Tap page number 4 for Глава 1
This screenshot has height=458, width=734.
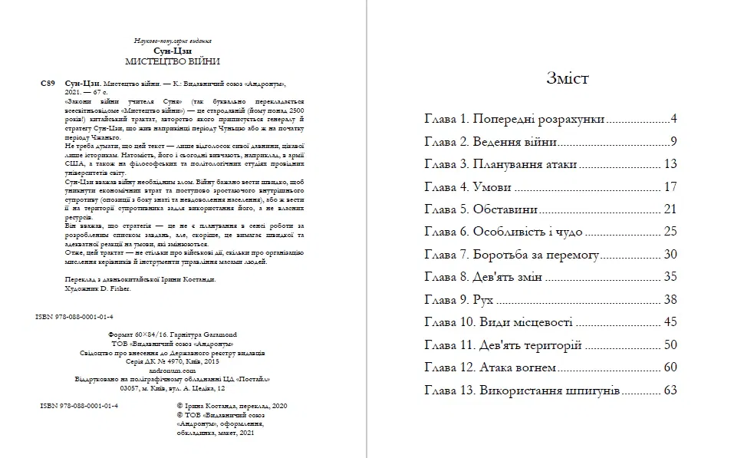673,120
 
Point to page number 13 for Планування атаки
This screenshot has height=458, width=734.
670,164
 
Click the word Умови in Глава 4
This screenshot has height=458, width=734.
492,186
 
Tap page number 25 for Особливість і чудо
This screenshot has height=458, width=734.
670,231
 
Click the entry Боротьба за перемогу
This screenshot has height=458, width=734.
535,254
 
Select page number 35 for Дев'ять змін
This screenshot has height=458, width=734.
670,276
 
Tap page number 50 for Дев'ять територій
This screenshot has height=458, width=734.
670,344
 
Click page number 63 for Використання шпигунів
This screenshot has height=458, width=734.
670,390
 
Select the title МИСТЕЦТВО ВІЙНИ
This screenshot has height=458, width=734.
173,61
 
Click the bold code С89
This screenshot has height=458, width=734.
45,81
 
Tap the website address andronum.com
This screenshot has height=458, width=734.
173,370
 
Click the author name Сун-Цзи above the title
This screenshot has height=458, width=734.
173,50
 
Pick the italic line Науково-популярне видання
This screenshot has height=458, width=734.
173,40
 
